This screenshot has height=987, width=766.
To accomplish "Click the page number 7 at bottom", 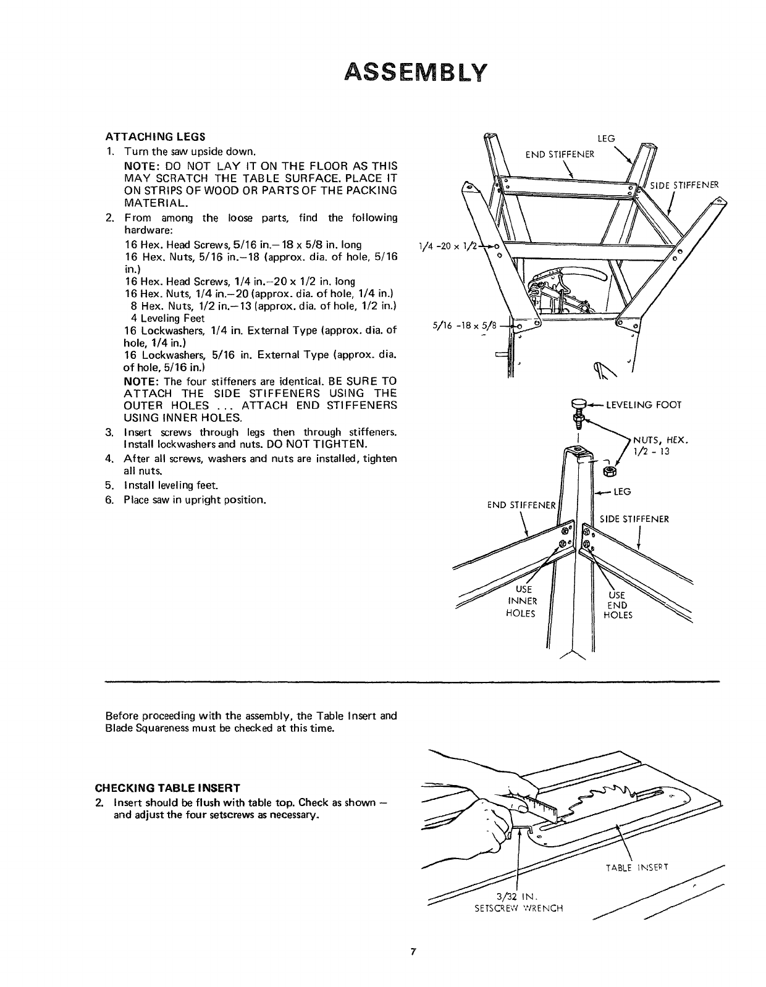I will [411, 951].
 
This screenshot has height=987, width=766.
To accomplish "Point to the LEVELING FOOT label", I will [643, 405].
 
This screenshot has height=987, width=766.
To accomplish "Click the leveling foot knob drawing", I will [579, 405].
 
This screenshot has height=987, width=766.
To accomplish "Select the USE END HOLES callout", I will [617, 605].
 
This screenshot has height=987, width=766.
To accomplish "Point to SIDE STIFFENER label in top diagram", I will [689, 185].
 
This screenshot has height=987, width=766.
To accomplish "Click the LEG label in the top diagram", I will [608, 139].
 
